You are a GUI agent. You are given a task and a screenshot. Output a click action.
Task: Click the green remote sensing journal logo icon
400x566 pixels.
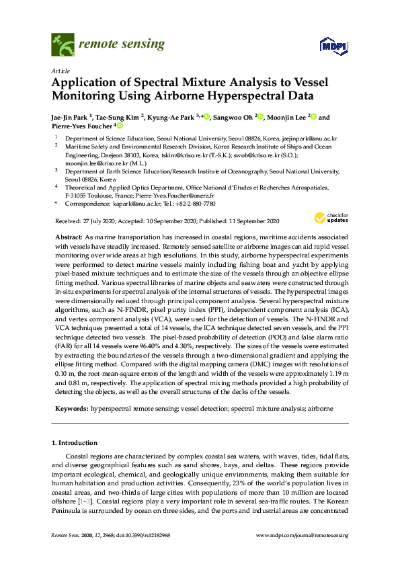(63, 45)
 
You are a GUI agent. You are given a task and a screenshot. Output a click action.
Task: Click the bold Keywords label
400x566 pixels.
(71, 408)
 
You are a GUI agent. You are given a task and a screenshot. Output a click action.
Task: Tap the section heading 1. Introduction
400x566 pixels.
(75, 443)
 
